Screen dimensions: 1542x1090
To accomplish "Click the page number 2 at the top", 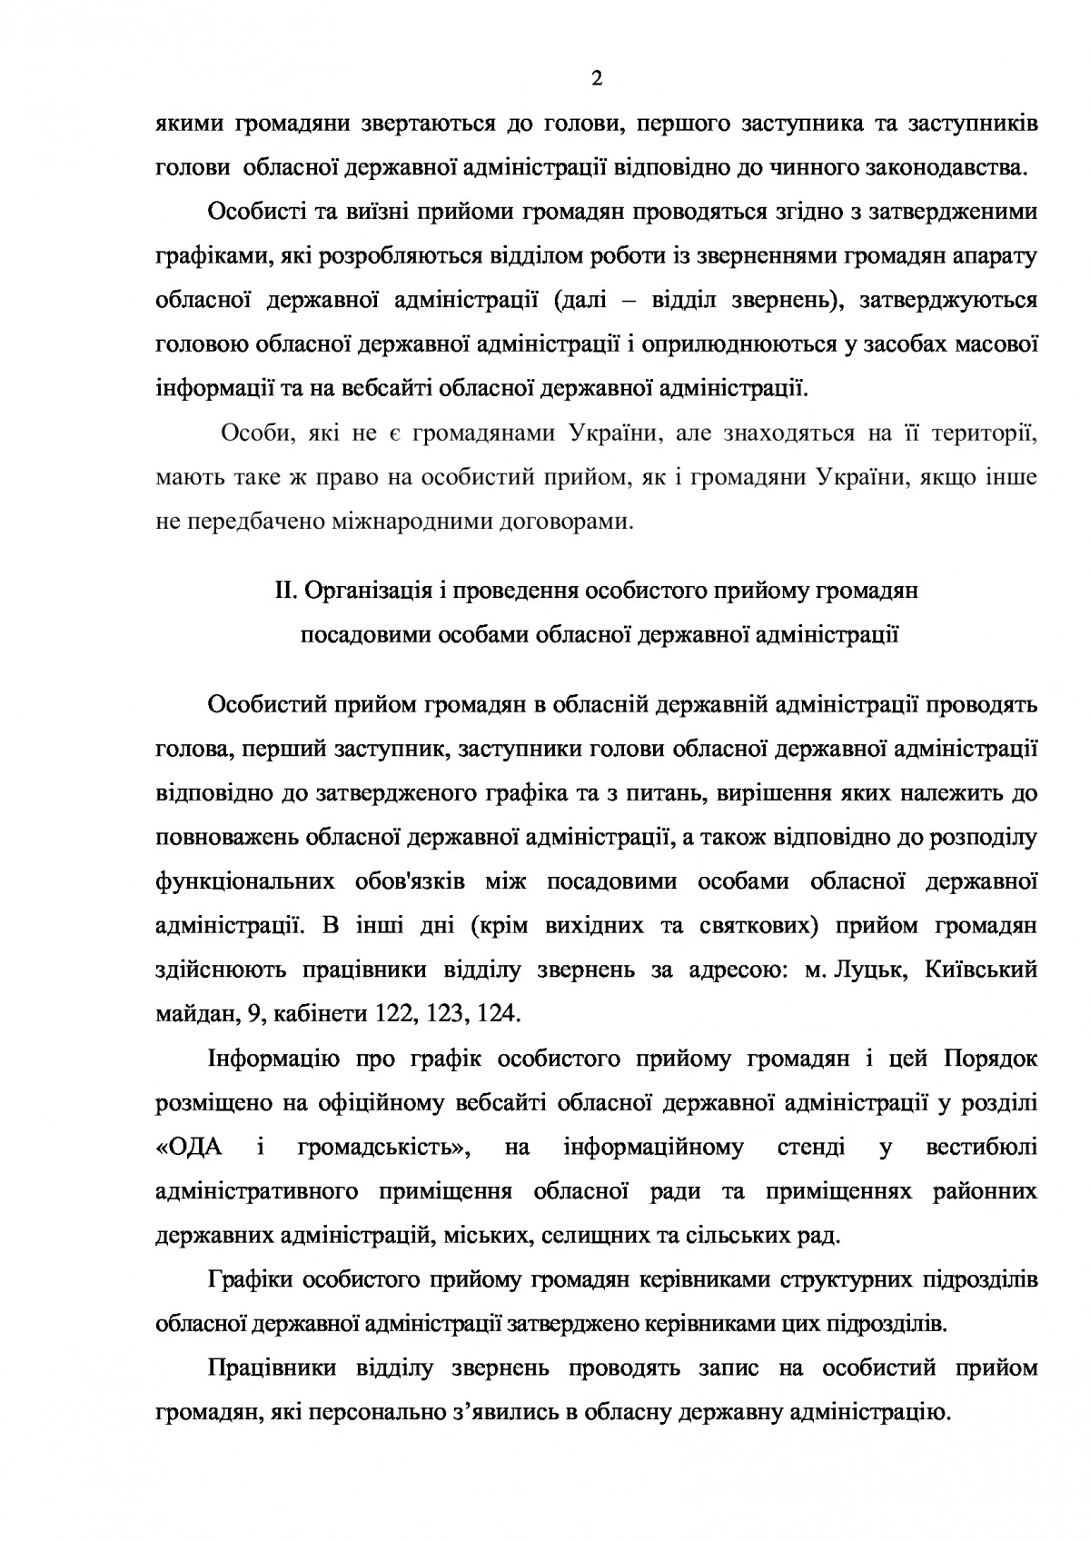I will coord(596,79).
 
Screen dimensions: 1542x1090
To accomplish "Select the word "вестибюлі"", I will coord(982,1148).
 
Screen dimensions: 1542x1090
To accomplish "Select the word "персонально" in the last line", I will coord(364,1413).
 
